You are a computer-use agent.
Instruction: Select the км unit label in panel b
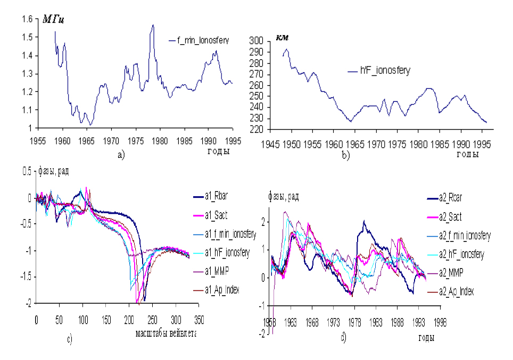[x=282, y=37]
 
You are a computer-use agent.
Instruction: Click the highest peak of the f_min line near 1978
[x=153, y=25]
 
